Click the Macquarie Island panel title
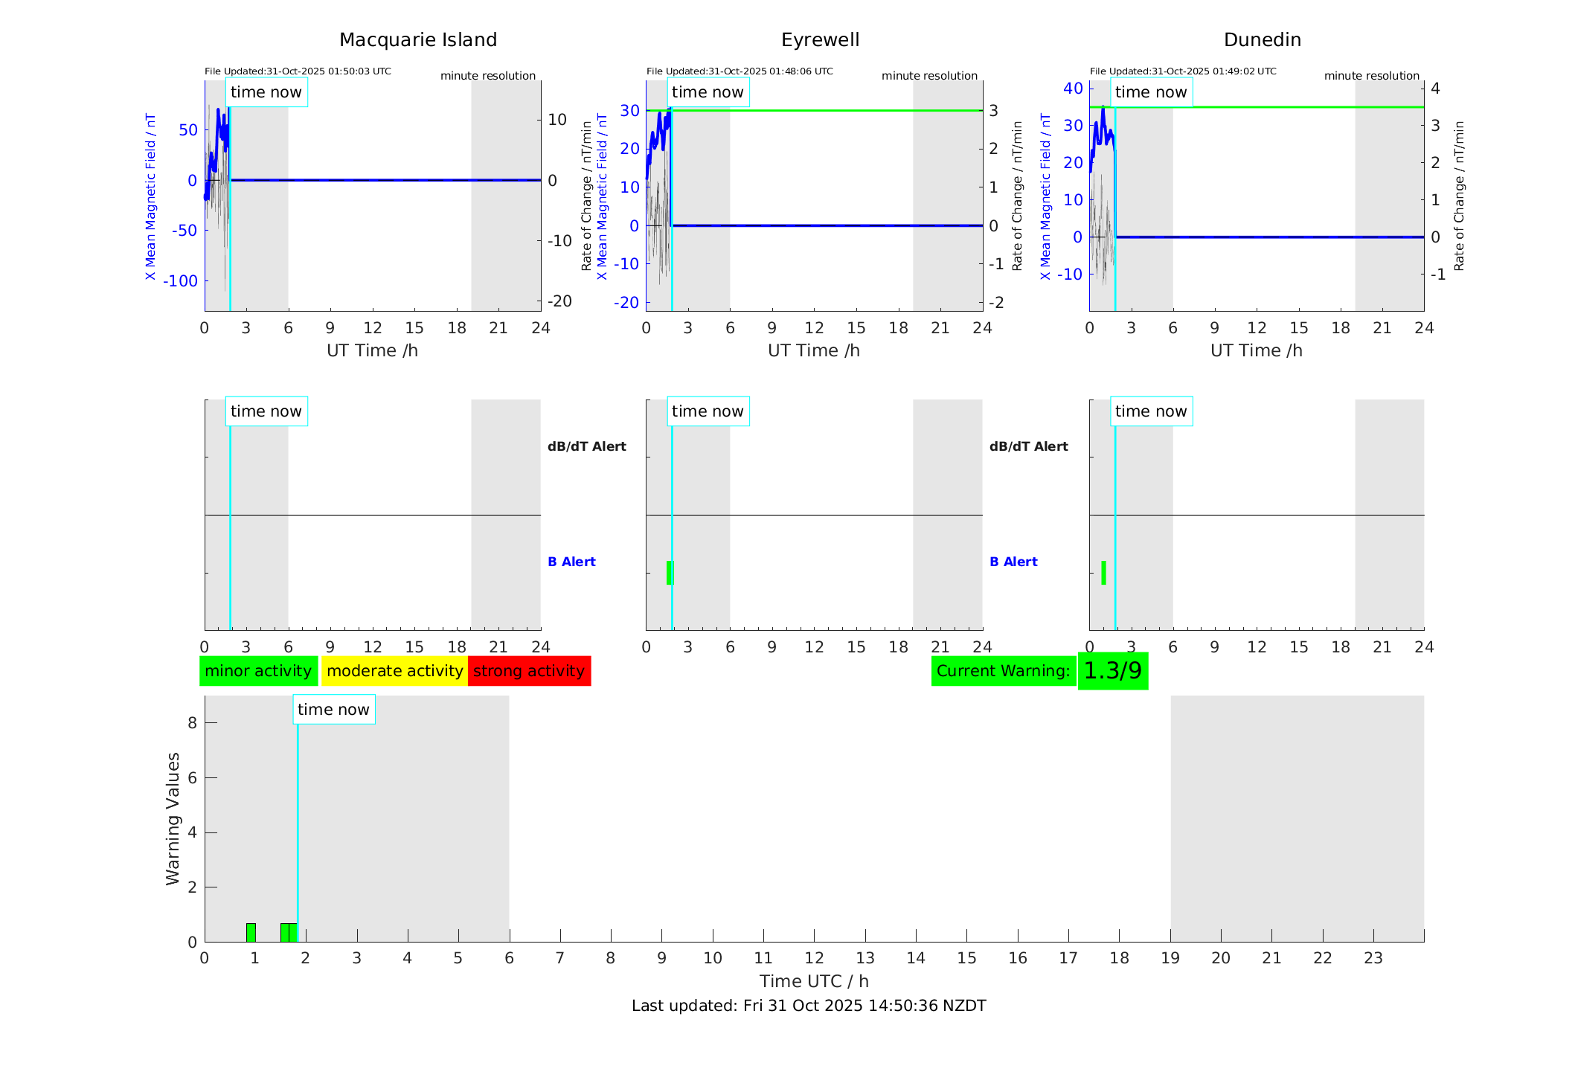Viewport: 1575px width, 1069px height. pos(418,40)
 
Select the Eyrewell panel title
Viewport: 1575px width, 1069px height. pos(820,40)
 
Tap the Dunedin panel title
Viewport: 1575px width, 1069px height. pos(1262,40)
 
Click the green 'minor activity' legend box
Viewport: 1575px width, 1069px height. pos(258,671)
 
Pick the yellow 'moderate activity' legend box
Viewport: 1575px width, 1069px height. pos(394,671)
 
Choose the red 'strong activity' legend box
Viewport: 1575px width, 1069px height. pos(529,671)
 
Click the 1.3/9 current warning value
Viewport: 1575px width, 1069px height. pos(1112,671)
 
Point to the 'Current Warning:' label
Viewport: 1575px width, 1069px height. pos(1003,671)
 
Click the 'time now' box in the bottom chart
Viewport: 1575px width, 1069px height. pos(333,710)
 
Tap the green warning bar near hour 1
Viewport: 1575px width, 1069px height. pos(251,932)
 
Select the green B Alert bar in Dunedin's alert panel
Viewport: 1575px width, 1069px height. pos(1103,572)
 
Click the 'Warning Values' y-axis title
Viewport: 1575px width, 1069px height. pos(173,818)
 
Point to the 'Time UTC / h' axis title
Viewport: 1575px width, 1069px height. pos(814,981)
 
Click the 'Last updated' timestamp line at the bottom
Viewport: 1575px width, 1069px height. pos(809,1006)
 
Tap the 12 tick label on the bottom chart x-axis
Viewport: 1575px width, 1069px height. pos(814,958)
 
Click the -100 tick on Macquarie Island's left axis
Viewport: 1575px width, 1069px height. pos(180,281)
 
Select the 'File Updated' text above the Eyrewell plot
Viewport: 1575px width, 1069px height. pos(740,71)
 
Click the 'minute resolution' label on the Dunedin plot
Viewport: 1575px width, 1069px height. pos(1371,76)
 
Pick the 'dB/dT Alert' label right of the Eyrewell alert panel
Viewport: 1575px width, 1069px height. pos(1028,446)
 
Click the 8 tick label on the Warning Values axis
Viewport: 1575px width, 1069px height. pos(192,722)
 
